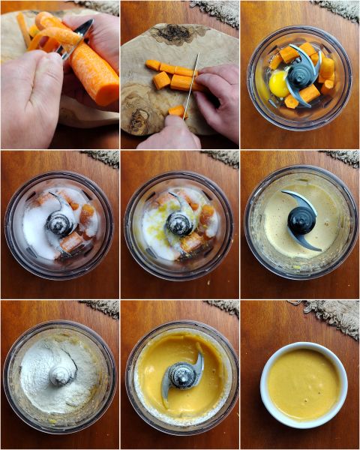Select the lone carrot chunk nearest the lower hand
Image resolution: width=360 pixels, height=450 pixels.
tap(177, 112)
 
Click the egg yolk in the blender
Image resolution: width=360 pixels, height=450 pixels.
tap(279, 84)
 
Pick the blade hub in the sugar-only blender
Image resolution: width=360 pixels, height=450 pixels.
tap(60, 222)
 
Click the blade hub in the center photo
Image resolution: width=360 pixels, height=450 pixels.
tap(179, 223)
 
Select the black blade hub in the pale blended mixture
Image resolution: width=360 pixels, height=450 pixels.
tap(301, 220)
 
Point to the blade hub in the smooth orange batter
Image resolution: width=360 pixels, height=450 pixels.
tap(181, 375)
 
